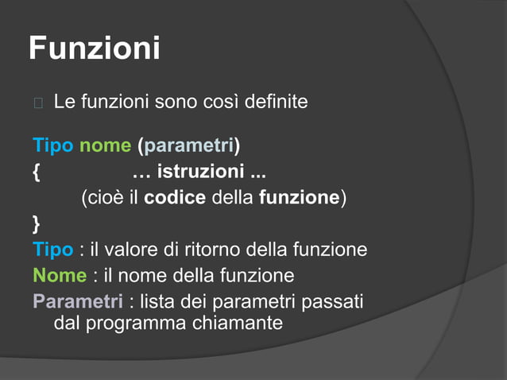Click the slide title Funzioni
click(x=94, y=48)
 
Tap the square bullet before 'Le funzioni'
click(x=37, y=103)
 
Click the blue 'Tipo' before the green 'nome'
click(x=53, y=145)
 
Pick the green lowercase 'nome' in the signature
click(x=105, y=145)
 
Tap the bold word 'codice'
click(x=175, y=197)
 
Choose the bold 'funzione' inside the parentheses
click(x=300, y=197)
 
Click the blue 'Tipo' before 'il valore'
click(x=53, y=250)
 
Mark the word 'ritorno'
click(x=212, y=250)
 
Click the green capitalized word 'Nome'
click(x=60, y=276)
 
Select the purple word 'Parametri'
click(x=78, y=302)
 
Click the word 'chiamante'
click(x=237, y=324)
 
